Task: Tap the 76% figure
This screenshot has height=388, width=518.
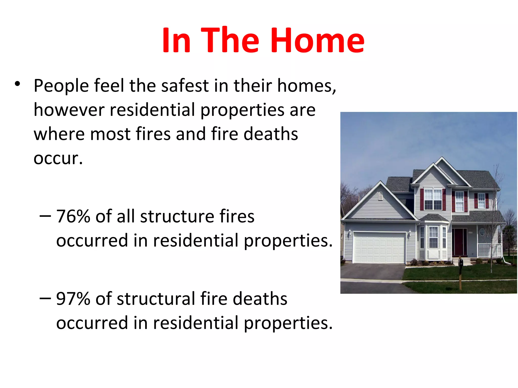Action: click(73, 216)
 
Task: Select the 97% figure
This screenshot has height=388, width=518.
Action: click(73, 299)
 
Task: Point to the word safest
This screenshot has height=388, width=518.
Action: click(185, 86)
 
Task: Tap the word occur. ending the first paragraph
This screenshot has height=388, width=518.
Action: click(58, 158)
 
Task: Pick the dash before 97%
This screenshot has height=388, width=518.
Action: click(45, 298)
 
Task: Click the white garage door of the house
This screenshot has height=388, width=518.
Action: click(379, 248)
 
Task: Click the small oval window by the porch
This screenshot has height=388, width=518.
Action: click(482, 232)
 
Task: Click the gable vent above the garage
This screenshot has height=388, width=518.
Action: click(380, 196)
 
